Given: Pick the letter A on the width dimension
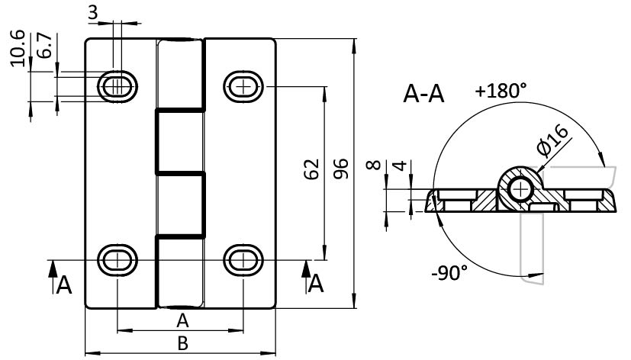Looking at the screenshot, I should [182, 319].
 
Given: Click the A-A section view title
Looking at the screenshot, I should [423, 95].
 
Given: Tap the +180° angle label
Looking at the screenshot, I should [501, 91].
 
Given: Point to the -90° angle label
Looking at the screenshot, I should [448, 273].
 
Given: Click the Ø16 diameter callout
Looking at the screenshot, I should [552, 143].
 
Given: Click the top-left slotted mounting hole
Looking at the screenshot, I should [118, 86].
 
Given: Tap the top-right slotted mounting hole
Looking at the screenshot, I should [243, 86].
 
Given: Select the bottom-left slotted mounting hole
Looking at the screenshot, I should [118, 259].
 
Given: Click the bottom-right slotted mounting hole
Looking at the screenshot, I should [243, 259].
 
